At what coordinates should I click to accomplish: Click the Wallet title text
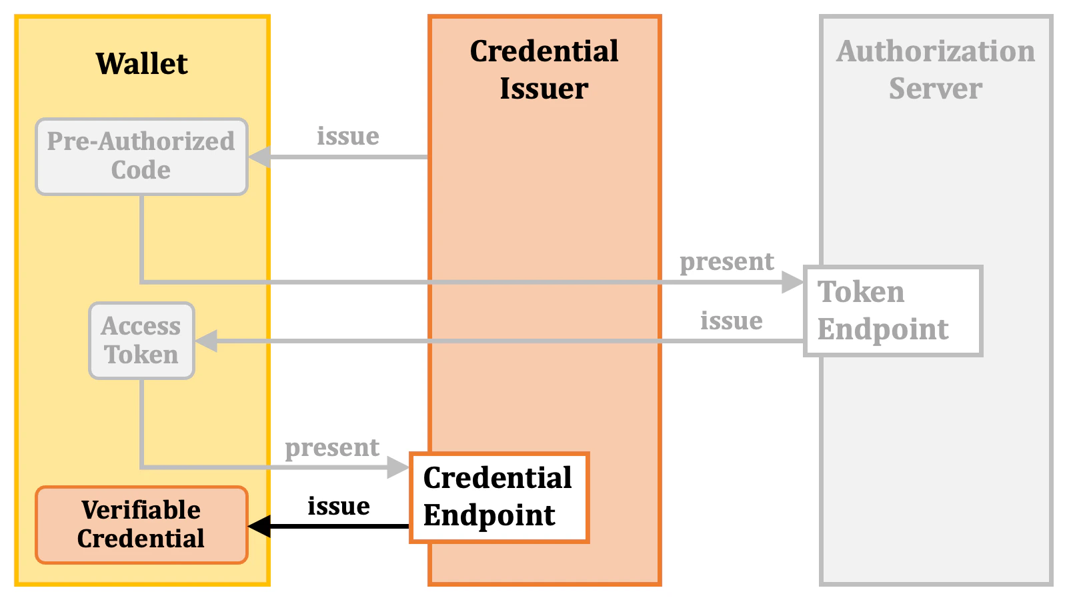click(141, 64)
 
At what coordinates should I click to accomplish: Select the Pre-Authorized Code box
click(141, 156)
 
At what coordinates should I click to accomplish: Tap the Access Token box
click(141, 341)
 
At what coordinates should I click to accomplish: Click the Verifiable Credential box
click(141, 525)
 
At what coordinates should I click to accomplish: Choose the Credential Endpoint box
click(498, 497)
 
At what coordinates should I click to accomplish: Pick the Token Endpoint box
click(892, 311)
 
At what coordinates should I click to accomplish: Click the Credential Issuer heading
click(544, 69)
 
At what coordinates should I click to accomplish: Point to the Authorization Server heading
click(935, 69)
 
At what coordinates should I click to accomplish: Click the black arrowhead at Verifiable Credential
click(259, 526)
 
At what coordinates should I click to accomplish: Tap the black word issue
click(339, 506)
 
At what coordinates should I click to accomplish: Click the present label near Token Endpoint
click(727, 261)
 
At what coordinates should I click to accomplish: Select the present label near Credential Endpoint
click(332, 447)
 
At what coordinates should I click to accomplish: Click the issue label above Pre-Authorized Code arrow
click(347, 136)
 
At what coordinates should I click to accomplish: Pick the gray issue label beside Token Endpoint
click(731, 321)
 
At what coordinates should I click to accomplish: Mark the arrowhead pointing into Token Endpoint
click(793, 282)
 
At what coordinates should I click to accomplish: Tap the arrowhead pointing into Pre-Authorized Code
click(259, 157)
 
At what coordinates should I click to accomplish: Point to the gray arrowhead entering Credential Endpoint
click(398, 467)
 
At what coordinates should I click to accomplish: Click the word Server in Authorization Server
click(935, 89)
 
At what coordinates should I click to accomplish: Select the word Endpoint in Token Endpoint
click(883, 329)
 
